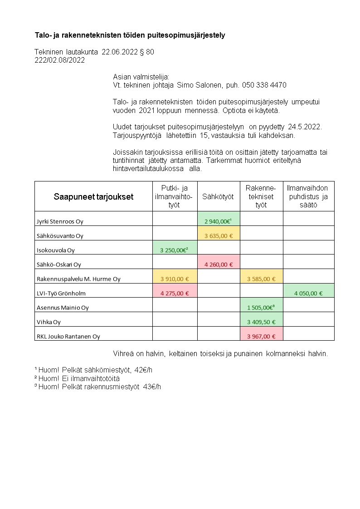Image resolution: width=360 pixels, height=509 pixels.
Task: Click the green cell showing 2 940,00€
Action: click(219, 221)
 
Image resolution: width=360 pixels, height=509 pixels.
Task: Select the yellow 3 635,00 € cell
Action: click(219, 236)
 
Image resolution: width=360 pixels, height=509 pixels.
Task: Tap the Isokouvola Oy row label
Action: click(56, 250)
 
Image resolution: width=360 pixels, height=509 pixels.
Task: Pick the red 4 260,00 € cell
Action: click(219, 264)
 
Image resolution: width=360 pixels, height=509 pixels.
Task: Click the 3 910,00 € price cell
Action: click(175, 279)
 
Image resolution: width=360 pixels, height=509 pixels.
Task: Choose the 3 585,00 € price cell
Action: click(261, 279)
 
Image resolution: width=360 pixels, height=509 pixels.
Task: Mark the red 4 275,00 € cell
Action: click(175, 294)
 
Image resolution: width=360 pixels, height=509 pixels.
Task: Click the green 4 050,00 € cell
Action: click(308, 294)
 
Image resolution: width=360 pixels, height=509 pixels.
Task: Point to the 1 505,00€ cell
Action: click(261, 308)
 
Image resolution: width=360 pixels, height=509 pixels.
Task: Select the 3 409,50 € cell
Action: click(261, 322)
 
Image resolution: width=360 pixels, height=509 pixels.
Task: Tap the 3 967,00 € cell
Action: click(261, 337)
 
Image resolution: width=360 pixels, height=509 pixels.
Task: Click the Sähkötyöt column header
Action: click(218, 196)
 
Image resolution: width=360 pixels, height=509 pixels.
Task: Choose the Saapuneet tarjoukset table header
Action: click(93, 196)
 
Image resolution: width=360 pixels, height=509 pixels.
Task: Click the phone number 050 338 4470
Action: click(265, 85)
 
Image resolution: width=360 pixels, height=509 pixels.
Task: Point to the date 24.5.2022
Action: click(305, 127)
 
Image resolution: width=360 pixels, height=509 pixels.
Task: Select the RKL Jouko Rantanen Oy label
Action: click(68, 337)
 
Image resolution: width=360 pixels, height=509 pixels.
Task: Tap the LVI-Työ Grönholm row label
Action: click(61, 294)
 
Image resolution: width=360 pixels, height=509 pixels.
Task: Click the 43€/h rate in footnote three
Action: click(152, 387)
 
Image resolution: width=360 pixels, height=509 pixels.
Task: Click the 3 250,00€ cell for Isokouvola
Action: click(175, 250)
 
